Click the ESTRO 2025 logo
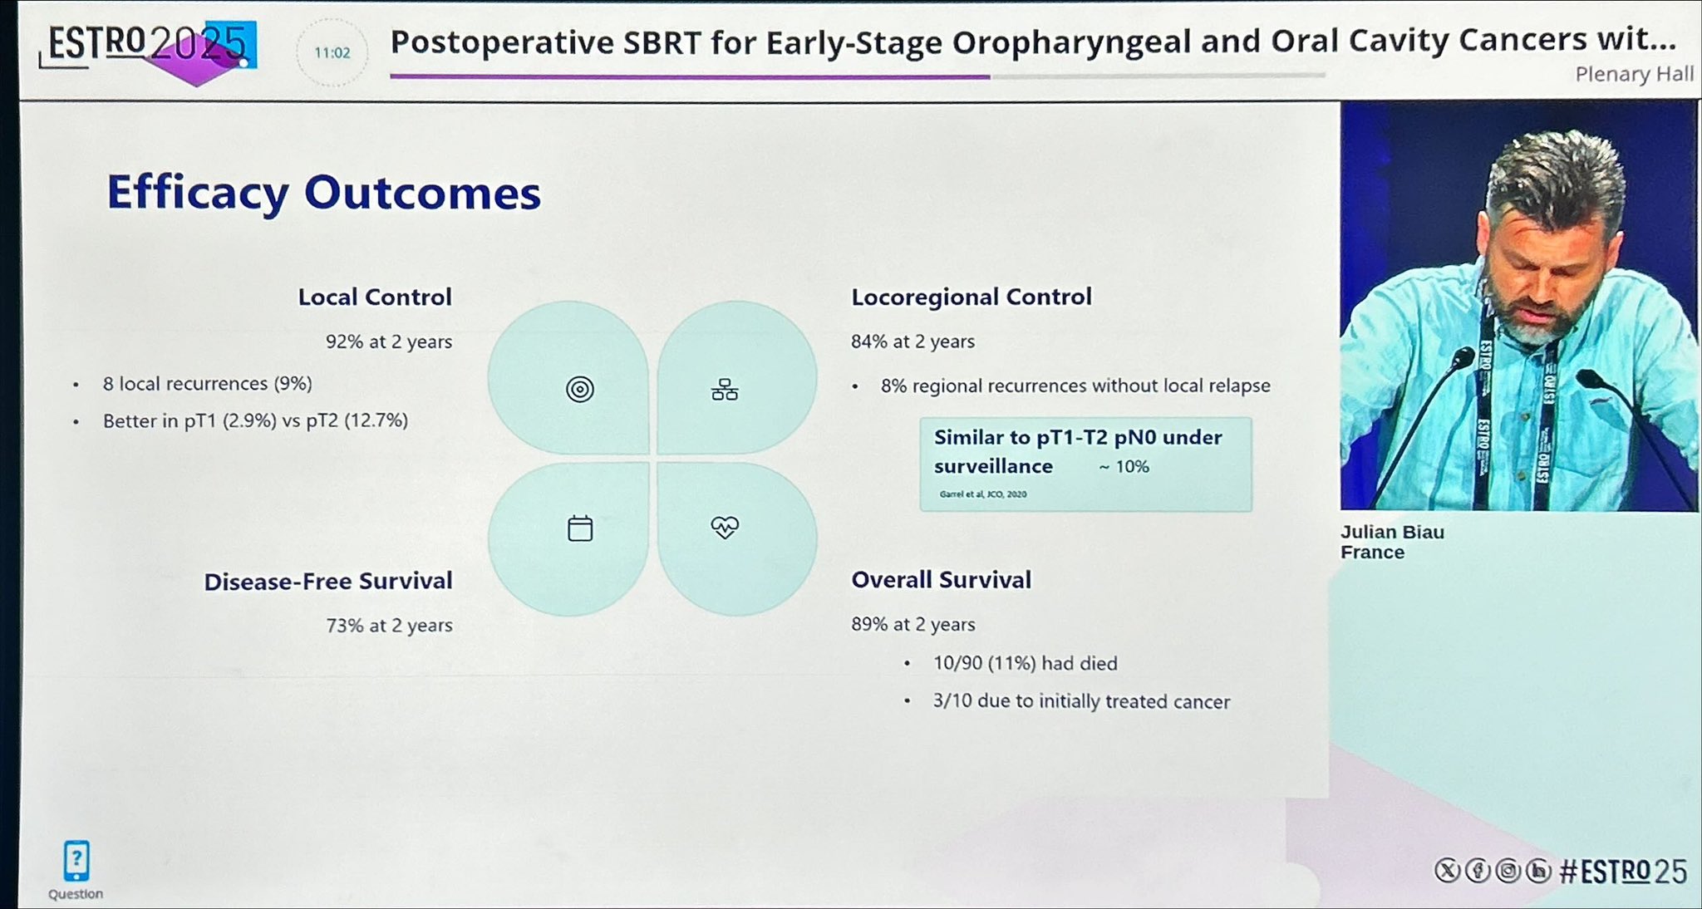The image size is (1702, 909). click(148, 50)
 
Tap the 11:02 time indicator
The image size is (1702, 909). click(332, 53)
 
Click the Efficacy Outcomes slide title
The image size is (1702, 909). click(324, 194)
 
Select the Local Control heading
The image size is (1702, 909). click(375, 297)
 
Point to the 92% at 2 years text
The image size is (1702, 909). click(389, 341)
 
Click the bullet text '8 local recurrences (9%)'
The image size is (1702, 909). click(208, 384)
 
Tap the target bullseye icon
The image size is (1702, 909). click(580, 389)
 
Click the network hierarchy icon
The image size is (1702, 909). click(725, 389)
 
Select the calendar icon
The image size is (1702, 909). click(580, 528)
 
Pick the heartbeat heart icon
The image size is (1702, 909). click(725, 527)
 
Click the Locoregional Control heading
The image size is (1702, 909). click(972, 297)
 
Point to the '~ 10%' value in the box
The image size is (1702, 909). click(1124, 467)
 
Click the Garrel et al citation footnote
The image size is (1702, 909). click(983, 494)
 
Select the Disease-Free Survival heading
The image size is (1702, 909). click(328, 581)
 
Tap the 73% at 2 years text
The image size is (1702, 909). click(389, 625)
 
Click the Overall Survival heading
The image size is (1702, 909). click(941, 580)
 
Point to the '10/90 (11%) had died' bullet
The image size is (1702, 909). click(1025, 663)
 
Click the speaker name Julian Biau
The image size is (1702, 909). click(1392, 532)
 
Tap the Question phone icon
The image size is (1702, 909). click(76, 861)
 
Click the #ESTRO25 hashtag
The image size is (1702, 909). click(1623, 871)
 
